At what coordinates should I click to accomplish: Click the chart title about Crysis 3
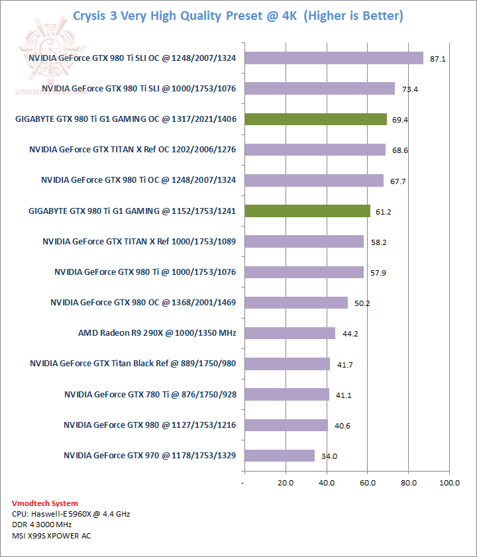(x=238, y=15)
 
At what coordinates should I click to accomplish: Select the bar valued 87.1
(x=334, y=58)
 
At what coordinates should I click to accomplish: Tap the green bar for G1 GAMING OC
(x=315, y=119)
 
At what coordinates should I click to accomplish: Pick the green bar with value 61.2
(x=307, y=211)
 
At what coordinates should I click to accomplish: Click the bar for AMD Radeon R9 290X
(x=290, y=332)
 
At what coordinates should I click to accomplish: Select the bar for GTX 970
(x=280, y=455)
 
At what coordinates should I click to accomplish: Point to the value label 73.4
(x=409, y=89)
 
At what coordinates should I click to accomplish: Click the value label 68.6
(x=400, y=150)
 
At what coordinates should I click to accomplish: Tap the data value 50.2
(x=362, y=303)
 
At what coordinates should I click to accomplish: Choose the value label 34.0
(x=329, y=456)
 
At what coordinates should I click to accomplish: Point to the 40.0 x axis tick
(x=327, y=483)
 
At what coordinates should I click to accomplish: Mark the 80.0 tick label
(x=409, y=483)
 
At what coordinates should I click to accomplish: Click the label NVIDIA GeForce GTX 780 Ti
(x=150, y=394)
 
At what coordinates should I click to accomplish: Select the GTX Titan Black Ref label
(x=133, y=363)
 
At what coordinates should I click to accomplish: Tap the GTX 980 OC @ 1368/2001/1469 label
(x=143, y=302)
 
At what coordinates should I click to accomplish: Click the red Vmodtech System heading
(x=45, y=503)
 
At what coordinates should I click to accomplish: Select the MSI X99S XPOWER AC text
(x=52, y=535)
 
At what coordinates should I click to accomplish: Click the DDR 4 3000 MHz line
(x=42, y=525)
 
